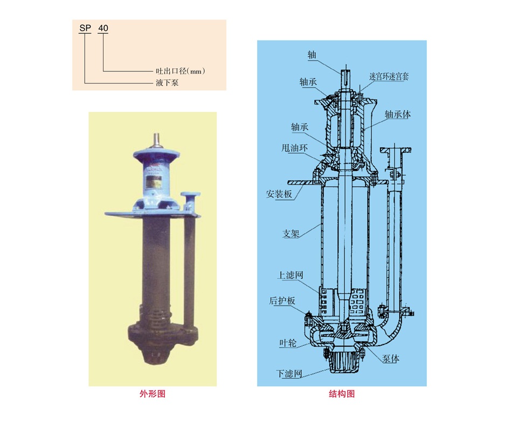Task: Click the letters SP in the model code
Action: (85, 28)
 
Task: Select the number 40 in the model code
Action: (103, 28)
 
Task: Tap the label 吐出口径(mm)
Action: (180, 71)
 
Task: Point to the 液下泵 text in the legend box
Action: (167, 82)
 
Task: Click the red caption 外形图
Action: (153, 394)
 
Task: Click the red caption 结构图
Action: (342, 394)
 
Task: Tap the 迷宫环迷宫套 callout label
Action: (389, 76)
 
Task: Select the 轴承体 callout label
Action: (397, 114)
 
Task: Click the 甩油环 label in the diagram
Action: (294, 148)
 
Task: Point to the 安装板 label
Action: (279, 194)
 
